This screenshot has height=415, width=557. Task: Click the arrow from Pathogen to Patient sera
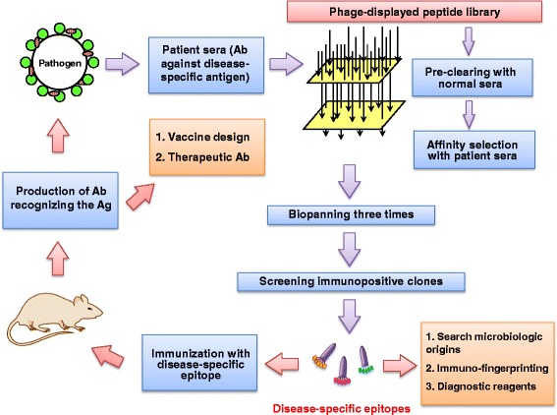click(x=122, y=64)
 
